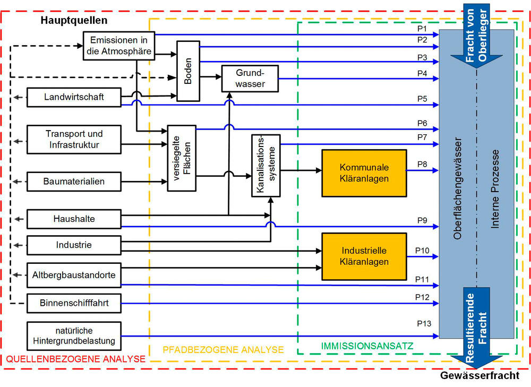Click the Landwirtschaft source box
click(74, 97)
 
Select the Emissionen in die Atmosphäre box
click(119, 46)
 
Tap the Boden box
click(188, 78)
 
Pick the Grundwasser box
click(250, 79)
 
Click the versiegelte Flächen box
click(182, 158)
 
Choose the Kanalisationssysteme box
click(265, 166)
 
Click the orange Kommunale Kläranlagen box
click(364, 173)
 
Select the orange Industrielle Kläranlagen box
click(364, 256)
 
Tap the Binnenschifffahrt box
click(74, 304)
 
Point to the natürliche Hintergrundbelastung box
click(74, 336)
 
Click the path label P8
click(422, 164)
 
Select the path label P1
click(422, 28)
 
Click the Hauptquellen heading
click(74, 21)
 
